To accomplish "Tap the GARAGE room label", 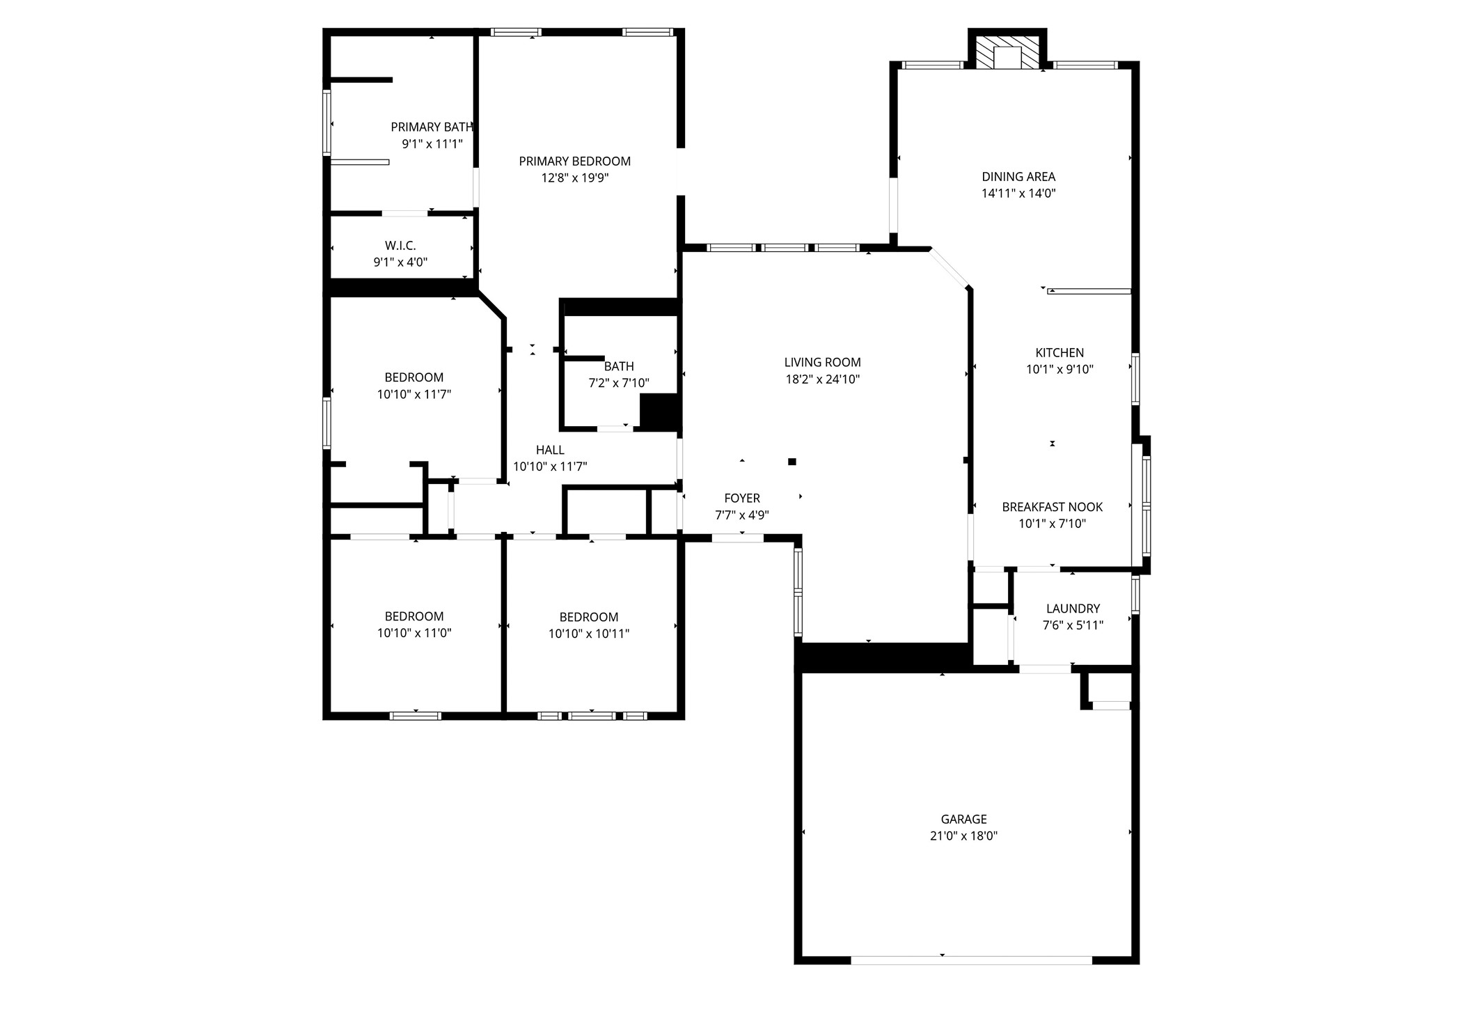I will [963, 819].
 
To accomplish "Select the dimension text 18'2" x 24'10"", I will [822, 379].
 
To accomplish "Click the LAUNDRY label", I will [1073, 609].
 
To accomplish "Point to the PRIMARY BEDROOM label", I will [574, 162].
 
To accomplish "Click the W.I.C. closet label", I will [400, 246].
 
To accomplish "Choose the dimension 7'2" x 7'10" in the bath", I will [619, 383].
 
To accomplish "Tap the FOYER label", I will [742, 499].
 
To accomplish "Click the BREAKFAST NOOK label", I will [1052, 507].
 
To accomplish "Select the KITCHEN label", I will [1060, 353].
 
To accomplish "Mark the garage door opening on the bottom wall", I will [971, 960].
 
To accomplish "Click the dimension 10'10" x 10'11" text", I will [589, 634].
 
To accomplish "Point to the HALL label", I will [550, 451].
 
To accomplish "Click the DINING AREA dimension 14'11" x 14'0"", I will [1018, 194].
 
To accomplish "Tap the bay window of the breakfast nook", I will [1145, 505].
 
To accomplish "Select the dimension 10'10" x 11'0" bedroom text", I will [414, 633].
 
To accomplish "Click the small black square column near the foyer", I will [792, 462].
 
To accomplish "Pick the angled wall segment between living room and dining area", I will [950, 268].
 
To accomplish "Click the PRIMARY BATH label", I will [432, 127].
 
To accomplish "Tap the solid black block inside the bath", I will [659, 412].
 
